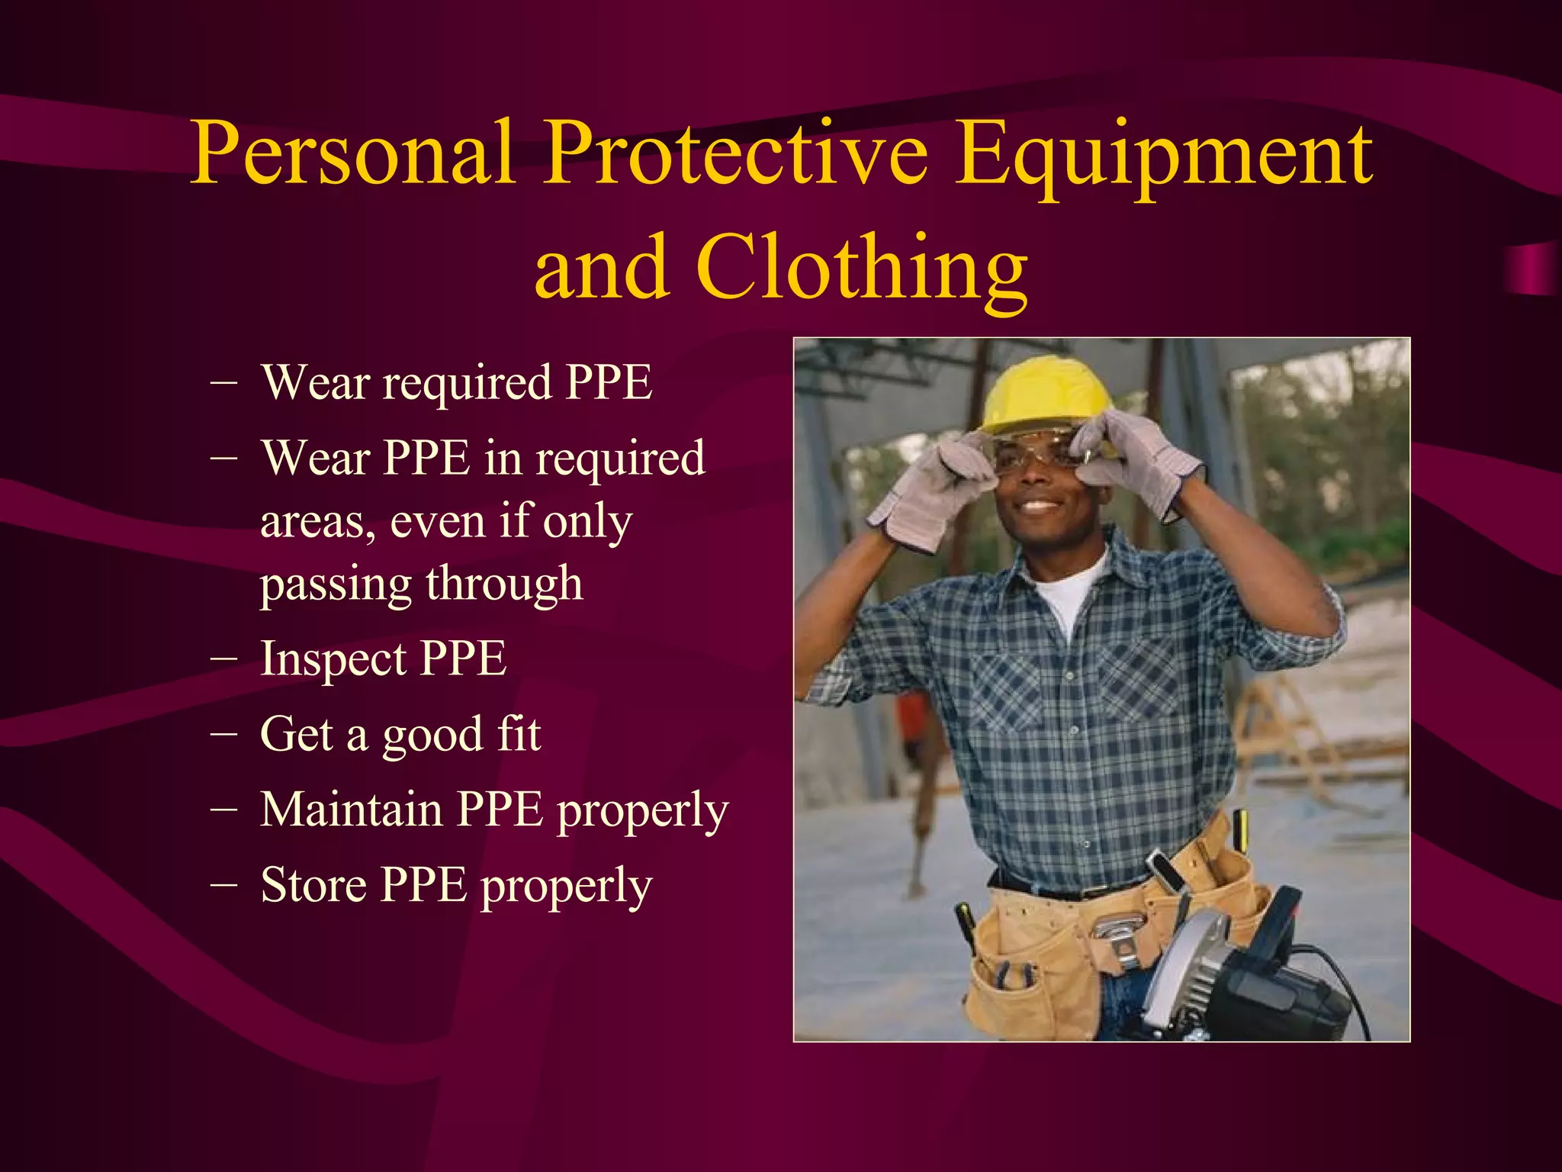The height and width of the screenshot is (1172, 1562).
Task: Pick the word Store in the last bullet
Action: pyautogui.click(x=313, y=885)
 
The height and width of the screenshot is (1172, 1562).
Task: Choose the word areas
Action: pyautogui.click(x=317, y=523)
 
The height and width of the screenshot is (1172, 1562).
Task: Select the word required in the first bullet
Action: pyautogui.click(x=467, y=383)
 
